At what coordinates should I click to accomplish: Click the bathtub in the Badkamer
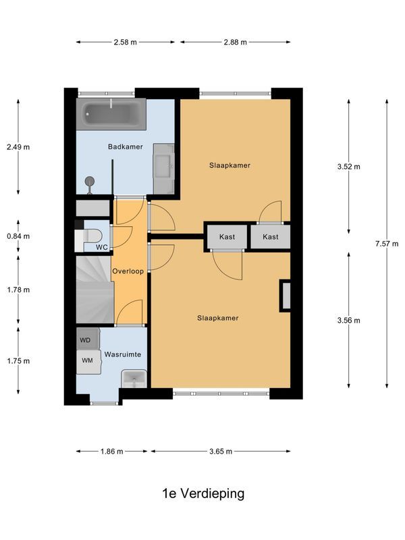coord(113,115)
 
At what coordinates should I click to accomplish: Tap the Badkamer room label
coord(126,146)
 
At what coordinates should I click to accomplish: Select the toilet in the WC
coord(92,236)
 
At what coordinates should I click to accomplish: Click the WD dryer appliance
coord(87,340)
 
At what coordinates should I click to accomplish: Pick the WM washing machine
coord(88,360)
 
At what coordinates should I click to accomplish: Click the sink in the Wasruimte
coord(133,379)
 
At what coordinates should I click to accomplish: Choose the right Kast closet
coord(271,237)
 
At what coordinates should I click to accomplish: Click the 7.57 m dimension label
coord(387,244)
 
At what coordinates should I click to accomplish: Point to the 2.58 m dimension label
coord(125,42)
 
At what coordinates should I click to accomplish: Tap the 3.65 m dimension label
coord(221,452)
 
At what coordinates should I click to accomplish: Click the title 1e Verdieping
coord(203,493)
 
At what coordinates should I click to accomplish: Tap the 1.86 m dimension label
coord(113,452)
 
